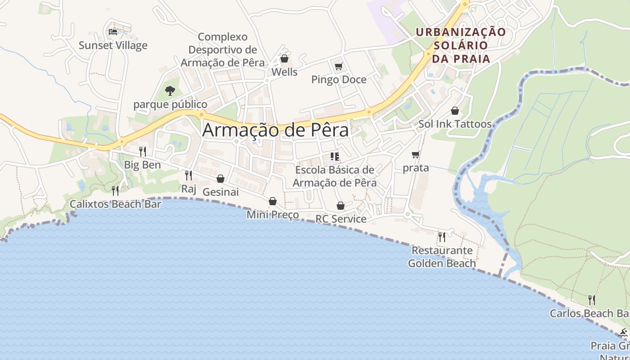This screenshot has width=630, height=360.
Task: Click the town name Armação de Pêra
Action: tap(275, 130)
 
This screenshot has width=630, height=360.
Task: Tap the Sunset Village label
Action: tap(113, 45)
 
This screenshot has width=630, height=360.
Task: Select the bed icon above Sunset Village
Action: tap(113, 31)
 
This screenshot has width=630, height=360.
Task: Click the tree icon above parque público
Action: tap(170, 91)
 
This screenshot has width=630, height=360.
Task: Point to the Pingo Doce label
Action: tap(339, 80)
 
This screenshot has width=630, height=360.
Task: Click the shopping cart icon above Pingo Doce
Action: tap(338, 67)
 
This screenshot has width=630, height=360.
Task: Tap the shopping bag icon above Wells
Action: tap(284, 58)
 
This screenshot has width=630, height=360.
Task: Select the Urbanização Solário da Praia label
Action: tap(461, 45)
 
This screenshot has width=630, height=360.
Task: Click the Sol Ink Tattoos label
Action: tap(455, 124)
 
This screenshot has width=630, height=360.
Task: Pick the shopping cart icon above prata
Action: tap(416, 155)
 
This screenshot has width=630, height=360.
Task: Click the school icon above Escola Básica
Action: tap(334, 157)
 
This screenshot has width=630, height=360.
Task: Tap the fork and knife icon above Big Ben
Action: tap(142, 151)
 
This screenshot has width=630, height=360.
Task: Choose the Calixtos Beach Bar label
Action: tap(115, 204)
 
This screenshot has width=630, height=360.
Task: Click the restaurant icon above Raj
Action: tap(189, 175)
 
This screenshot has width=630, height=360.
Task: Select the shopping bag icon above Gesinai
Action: tap(220, 179)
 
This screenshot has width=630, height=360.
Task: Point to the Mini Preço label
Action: tap(273, 215)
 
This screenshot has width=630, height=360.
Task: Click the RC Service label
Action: tap(341, 219)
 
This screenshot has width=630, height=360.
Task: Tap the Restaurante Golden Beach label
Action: tap(442, 257)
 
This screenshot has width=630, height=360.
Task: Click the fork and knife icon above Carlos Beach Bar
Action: tap(592, 300)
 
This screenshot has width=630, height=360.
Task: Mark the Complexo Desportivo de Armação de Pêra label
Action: tap(223, 49)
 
